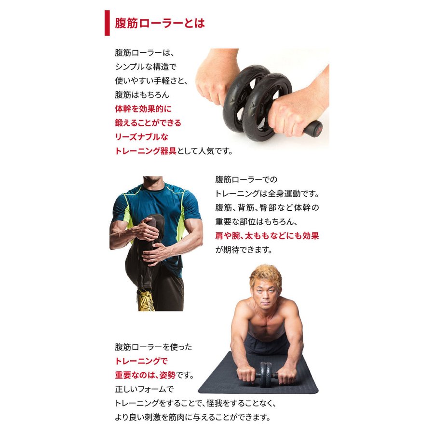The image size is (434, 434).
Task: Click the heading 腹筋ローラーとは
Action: click(x=160, y=23)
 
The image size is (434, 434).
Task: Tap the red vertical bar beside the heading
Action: click(x=107, y=23)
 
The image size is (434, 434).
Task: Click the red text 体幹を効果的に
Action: click(x=143, y=109)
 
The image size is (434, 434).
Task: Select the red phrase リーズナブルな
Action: click(x=141, y=137)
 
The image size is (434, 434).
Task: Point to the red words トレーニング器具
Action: click(x=146, y=151)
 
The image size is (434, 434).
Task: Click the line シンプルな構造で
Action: click(x=146, y=67)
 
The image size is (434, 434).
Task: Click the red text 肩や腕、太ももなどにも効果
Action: click(x=267, y=236)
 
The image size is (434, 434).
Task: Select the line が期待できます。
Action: click(x=244, y=250)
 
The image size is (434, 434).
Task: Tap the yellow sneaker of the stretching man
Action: click(x=146, y=300)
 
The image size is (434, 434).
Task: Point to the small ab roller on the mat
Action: click(x=266, y=374)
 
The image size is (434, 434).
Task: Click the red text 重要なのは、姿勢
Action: click(x=145, y=375)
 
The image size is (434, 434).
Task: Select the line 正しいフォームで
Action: click(x=144, y=389)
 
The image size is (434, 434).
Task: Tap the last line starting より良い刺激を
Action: click(x=192, y=417)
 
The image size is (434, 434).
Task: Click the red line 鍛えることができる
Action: click(x=148, y=122)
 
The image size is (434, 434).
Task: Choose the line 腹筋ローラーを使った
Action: click(x=153, y=347)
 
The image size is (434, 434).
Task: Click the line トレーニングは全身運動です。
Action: click(x=267, y=194)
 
